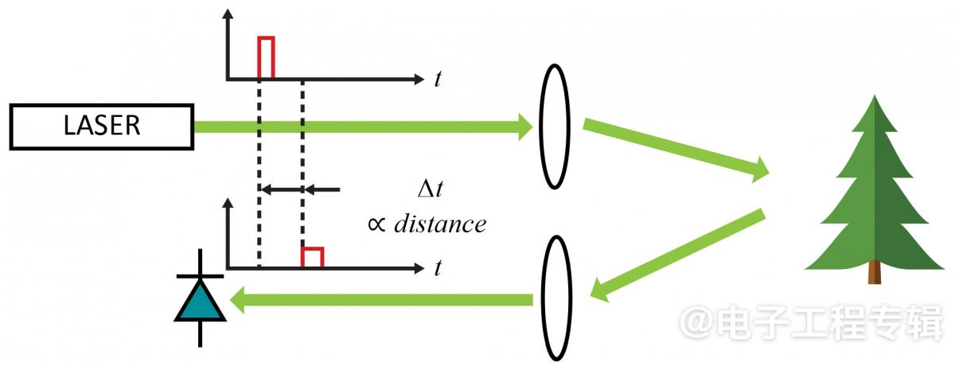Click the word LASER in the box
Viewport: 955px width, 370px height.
pos(102,126)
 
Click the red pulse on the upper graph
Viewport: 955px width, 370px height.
pos(266,38)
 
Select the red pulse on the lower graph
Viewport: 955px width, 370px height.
pos(313,248)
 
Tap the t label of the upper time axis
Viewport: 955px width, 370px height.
pos(438,79)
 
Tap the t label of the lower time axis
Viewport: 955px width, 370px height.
pos(438,268)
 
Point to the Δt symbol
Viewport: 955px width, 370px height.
pos(431,189)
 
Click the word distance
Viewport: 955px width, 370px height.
pos(440,224)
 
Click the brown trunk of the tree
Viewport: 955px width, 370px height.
pos(875,272)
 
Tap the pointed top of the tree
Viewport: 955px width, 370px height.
pos(875,96)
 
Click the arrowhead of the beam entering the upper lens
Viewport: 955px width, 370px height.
pos(525,127)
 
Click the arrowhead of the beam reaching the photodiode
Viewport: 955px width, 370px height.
pos(237,300)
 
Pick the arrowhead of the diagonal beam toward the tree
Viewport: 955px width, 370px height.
pos(760,169)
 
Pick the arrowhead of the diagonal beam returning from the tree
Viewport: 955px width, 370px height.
pos(598,290)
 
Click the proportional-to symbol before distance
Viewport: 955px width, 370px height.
pos(376,224)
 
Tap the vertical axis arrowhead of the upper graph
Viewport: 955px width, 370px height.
pos(228,14)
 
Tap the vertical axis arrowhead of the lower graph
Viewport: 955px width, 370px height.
pos(228,203)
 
